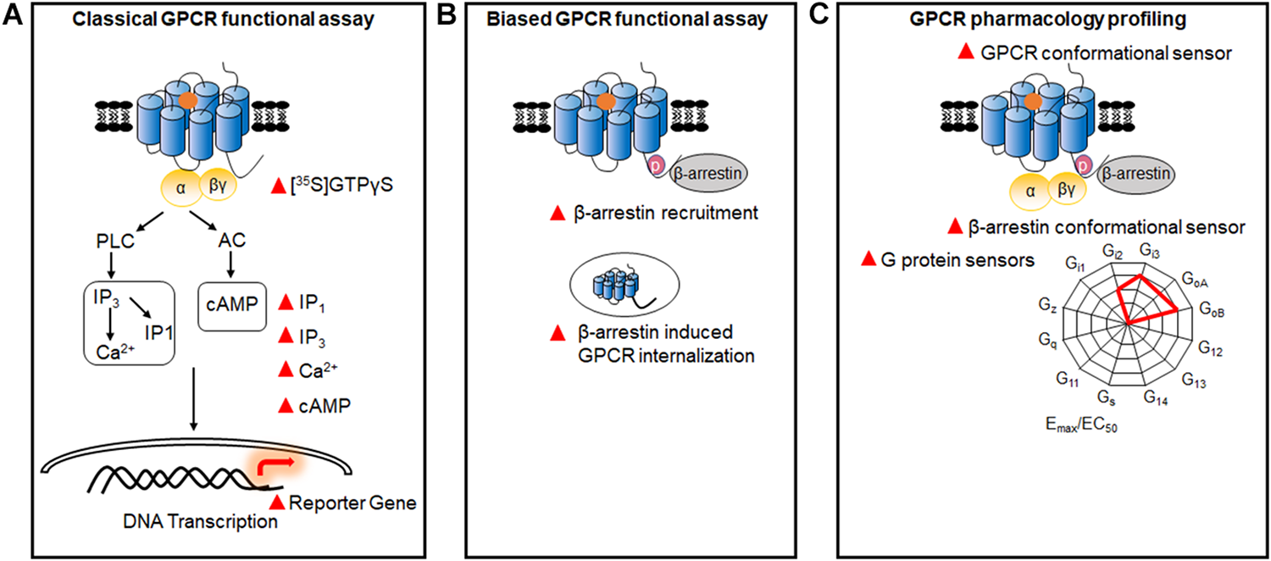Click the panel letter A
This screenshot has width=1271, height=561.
(13, 15)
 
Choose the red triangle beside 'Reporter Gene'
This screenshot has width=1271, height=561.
(276, 503)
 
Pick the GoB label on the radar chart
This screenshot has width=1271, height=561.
(1211, 311)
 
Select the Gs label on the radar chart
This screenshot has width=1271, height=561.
(1105, 397)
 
